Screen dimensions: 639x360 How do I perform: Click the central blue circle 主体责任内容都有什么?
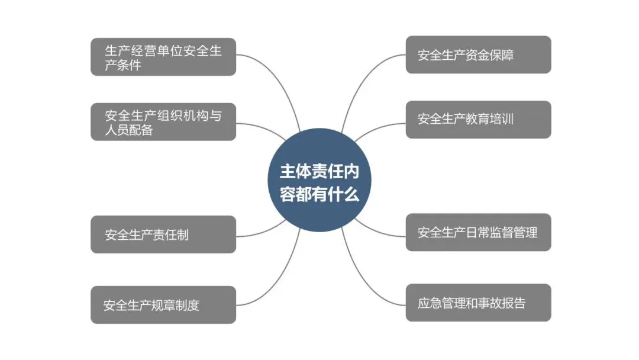319,180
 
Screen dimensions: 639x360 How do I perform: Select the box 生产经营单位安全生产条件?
163,57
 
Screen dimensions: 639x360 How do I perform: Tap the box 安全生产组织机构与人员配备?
163,122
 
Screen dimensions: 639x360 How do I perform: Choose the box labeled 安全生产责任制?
163,234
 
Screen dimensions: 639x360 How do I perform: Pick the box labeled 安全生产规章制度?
163,305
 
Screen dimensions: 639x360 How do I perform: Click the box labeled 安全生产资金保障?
478,55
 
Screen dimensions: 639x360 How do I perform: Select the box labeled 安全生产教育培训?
478,119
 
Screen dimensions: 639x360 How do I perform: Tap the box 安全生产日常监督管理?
478,232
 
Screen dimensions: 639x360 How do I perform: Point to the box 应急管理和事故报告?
478,303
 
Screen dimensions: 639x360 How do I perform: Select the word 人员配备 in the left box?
129,130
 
